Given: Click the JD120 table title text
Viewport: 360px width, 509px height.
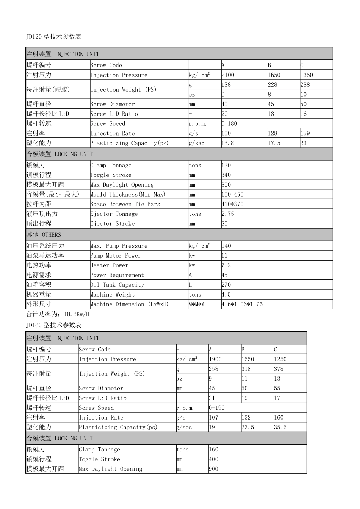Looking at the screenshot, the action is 53,37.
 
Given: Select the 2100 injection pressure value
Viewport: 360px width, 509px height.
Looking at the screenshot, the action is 228,75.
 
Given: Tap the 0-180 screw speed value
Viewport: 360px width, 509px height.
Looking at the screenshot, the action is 230,123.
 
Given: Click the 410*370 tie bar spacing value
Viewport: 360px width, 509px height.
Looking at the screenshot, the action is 232,204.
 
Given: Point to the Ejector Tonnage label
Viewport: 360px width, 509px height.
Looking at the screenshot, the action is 114,214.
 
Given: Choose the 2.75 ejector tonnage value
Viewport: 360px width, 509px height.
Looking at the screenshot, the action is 228,214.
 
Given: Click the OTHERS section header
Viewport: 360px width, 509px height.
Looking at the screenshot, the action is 43,235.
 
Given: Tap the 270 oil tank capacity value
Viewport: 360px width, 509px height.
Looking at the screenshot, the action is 226,285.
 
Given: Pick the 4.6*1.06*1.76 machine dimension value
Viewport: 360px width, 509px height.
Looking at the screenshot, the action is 242,304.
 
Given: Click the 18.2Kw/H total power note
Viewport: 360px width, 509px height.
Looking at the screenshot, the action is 58,314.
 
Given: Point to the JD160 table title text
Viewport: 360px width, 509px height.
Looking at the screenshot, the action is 53,325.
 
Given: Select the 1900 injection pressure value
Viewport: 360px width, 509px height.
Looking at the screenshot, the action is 215,359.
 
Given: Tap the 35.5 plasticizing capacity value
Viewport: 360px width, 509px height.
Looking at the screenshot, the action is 280,427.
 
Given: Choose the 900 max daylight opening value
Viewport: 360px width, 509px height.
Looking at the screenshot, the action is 213,469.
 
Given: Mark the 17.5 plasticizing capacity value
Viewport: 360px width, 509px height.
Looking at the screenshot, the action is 274,143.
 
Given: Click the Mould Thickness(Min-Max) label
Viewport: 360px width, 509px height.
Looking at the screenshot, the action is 128,195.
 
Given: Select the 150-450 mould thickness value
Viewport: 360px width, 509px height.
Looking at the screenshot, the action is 232,195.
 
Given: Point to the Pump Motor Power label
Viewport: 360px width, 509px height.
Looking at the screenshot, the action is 116,256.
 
